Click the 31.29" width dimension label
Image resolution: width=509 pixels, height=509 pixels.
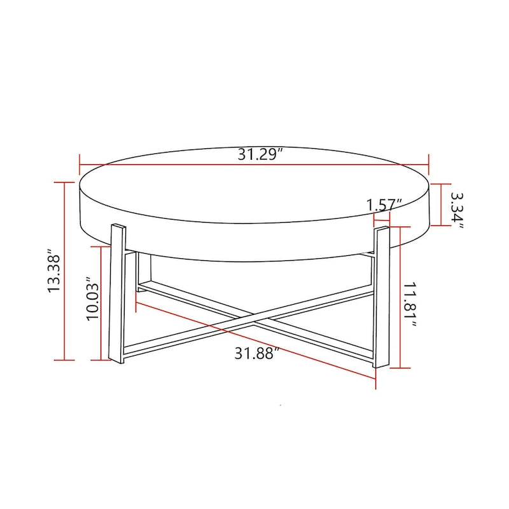click(x=260, y=155)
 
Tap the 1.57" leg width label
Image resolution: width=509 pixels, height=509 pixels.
click(x=384, y=205)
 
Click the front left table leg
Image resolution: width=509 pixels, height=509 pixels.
click(x=117, y=293)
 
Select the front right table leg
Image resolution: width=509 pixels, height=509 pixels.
click(x=381, y=296)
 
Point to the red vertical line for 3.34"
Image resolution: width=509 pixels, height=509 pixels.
click(x=440, y=204)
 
